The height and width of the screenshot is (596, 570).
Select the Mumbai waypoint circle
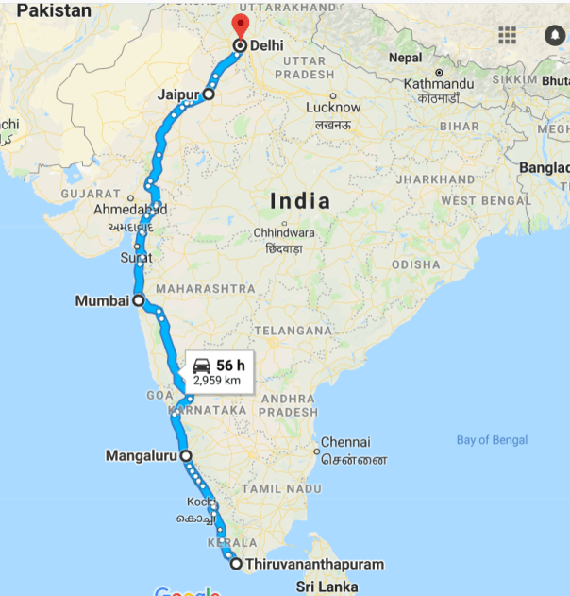139,301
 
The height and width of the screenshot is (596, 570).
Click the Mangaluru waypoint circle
186,455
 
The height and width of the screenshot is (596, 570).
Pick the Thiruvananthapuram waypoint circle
236,565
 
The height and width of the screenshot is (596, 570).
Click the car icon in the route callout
201,366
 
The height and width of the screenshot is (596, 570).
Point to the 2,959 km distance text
217,381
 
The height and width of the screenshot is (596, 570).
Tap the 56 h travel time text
230,366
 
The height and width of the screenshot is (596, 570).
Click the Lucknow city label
333,107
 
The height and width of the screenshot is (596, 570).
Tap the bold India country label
300,200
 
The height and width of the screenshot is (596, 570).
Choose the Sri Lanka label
327,587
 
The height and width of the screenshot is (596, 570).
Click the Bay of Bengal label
492,440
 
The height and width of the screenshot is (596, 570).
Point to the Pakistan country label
55,11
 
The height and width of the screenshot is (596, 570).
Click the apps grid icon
508,35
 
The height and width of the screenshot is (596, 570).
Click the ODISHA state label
415,265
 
